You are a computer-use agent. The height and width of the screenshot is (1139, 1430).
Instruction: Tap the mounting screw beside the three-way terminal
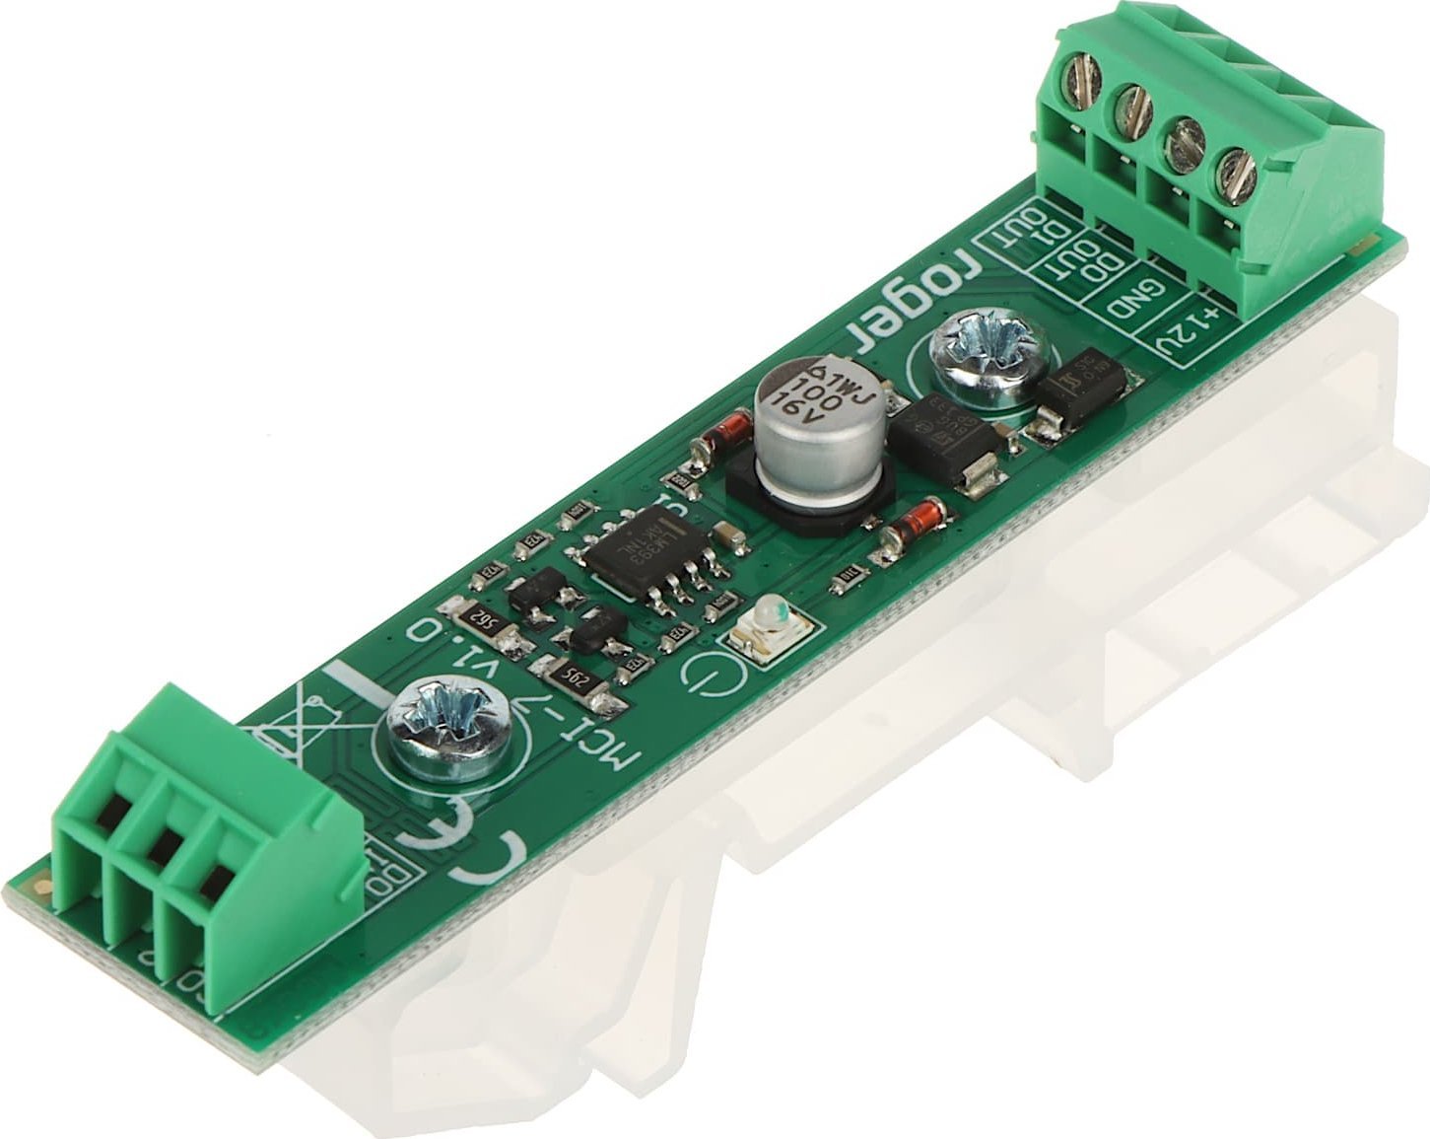449,725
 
